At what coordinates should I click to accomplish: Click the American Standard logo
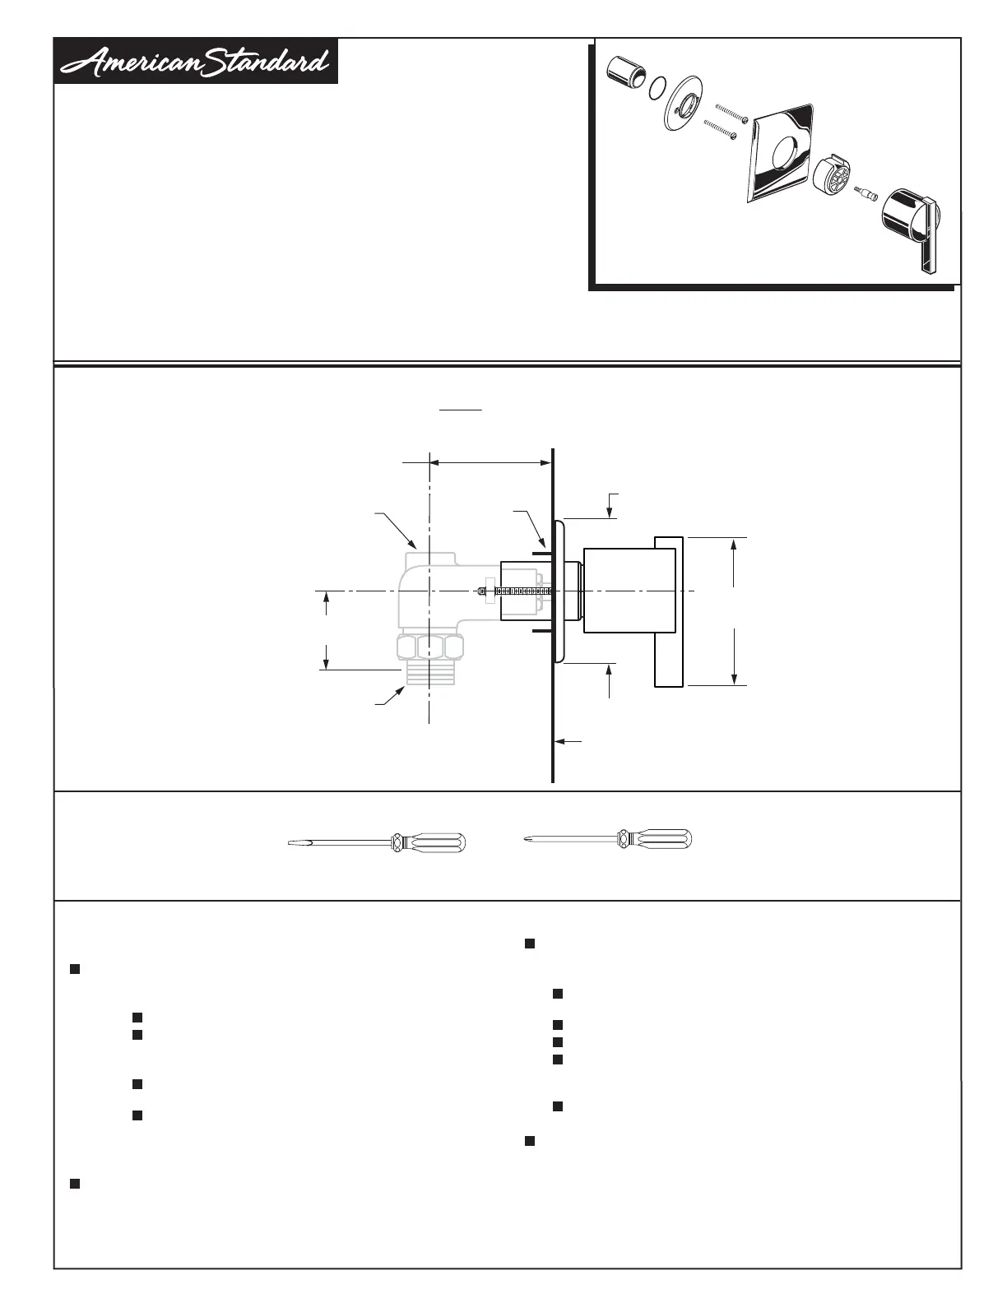(x=196, y=61)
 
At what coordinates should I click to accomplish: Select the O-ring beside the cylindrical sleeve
(x=657, y=88)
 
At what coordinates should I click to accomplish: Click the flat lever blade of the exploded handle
(x=928, y=235)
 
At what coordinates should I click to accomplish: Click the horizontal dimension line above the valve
(x=490, y=463)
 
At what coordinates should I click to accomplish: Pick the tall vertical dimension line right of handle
(x=734, y=610)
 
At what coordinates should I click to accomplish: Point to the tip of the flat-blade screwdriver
(x=291, y=843)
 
